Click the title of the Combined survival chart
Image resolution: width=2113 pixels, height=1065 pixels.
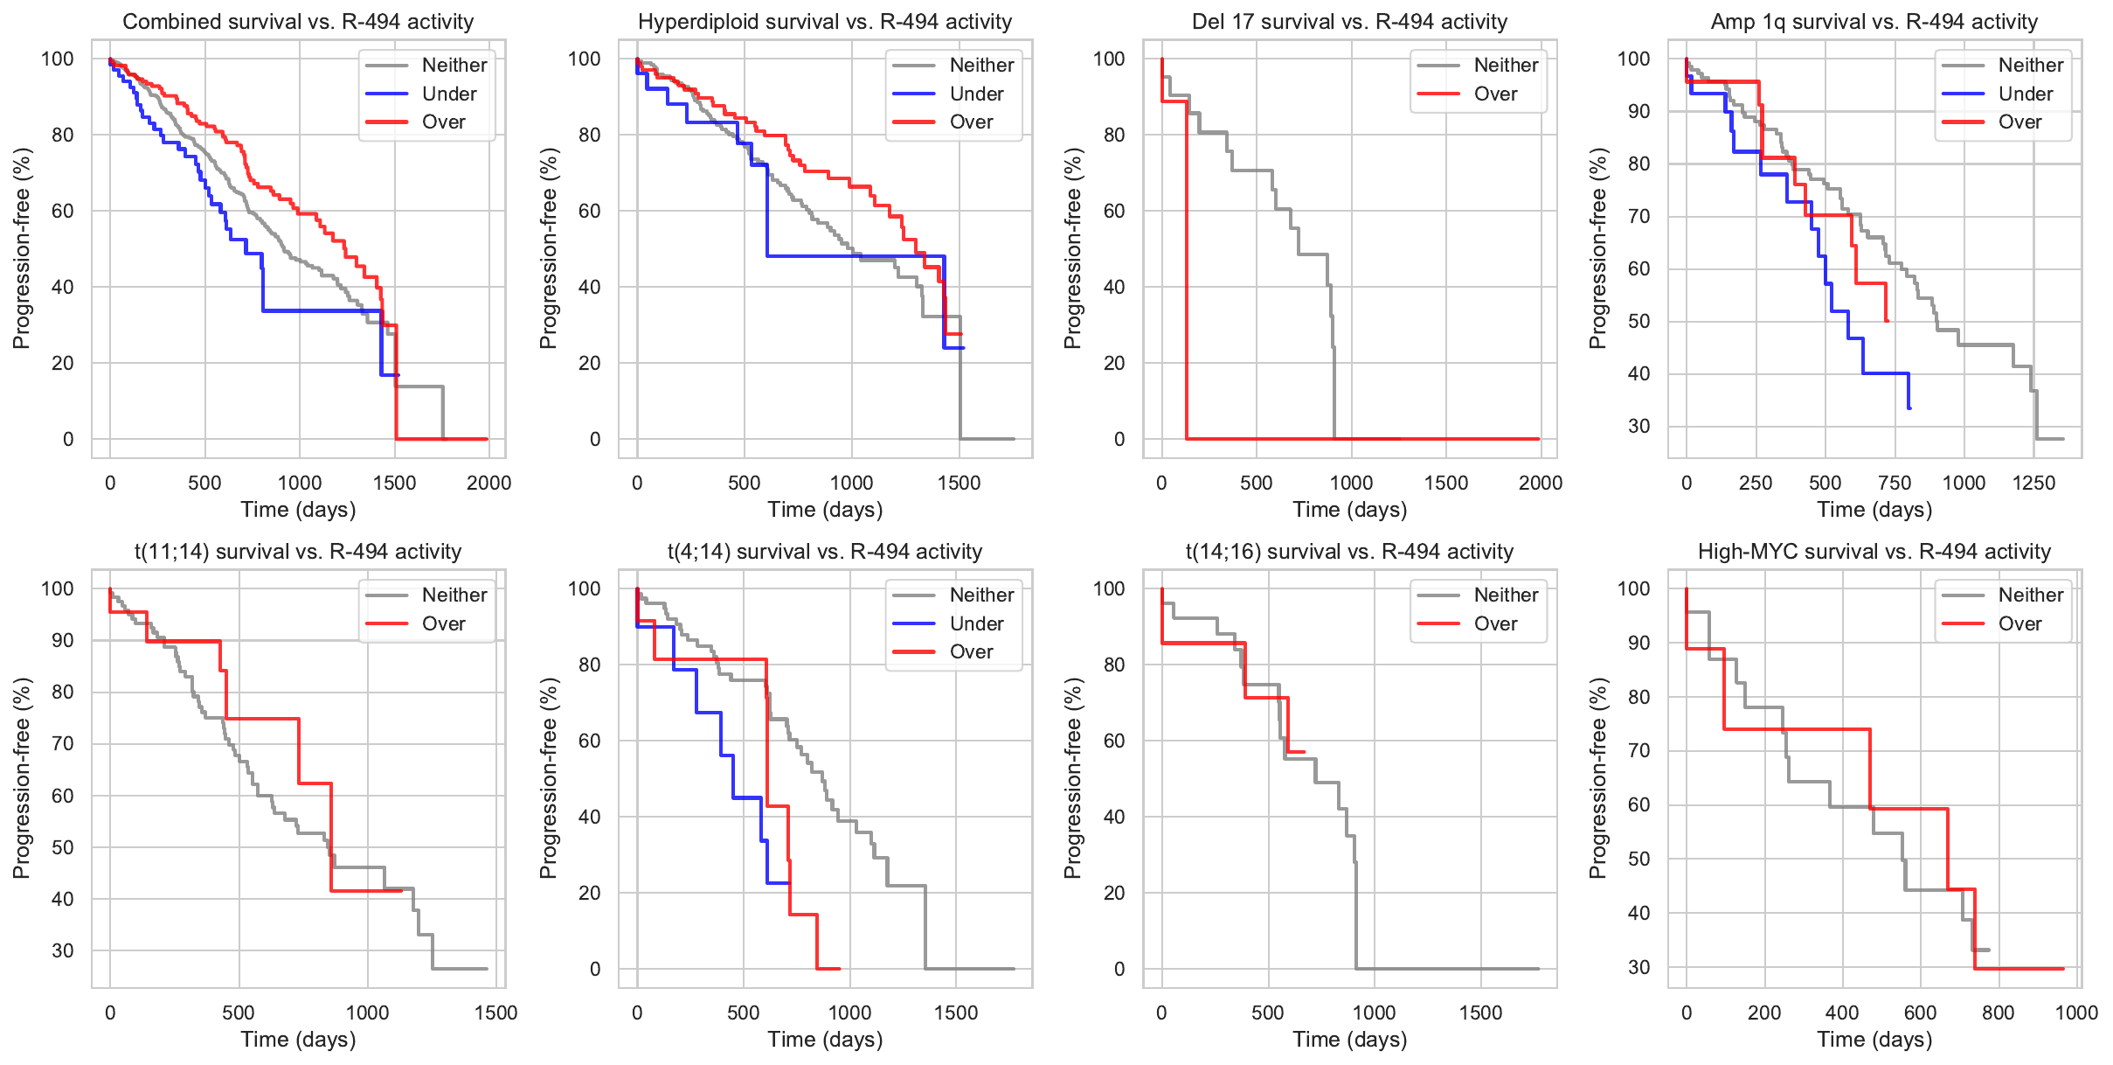[298, 22]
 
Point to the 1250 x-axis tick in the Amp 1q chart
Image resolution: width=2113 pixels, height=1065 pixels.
[2033, 483]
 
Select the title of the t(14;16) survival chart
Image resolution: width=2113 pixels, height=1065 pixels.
[1349, 552]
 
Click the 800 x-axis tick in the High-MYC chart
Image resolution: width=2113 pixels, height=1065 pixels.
[1998, 1013]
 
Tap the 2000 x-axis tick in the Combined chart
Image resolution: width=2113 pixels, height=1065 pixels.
[488, 483]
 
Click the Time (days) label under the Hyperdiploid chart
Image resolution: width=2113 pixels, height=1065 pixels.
[825, 510]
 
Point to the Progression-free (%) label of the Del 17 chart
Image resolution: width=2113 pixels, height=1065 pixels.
[1073, 248]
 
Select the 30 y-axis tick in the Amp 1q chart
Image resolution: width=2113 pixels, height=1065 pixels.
[1638, 426]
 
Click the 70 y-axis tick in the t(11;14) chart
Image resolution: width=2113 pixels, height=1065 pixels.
[62, 744]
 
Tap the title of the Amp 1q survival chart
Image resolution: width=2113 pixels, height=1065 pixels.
[1874, 22]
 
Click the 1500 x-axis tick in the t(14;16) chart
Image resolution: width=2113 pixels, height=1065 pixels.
[1480, 1013]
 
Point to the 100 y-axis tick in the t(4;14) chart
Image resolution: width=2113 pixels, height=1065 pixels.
[584, 588]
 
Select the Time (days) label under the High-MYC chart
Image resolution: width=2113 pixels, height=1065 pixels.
[1874, 1040]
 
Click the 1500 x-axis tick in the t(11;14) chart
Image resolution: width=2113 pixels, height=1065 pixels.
[495, 1013]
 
